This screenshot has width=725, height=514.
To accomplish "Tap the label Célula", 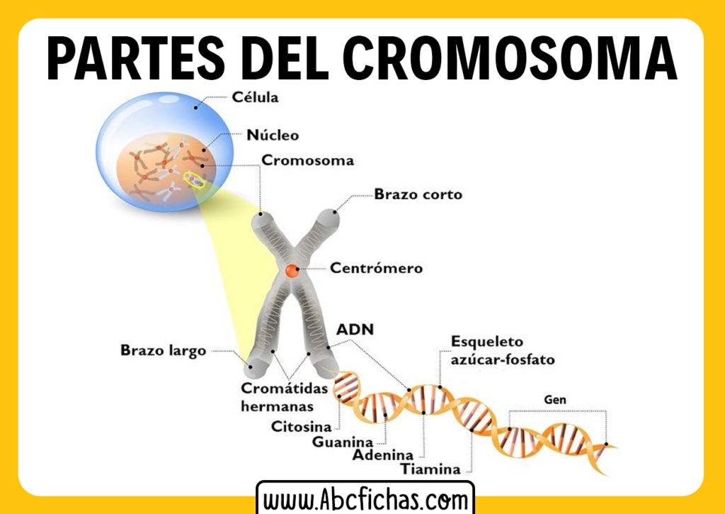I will pyautogui.click(x=256, y=97).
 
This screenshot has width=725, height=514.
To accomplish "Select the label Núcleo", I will pyautogui.click(x=273, y=135).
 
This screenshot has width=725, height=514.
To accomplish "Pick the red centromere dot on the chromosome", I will pyautogui.click(x=292, y=271).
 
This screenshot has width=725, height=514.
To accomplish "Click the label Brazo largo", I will pyautogui.click(x=163, y=350).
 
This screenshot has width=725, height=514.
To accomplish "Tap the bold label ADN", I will pyautogui.click(x=355, y=330).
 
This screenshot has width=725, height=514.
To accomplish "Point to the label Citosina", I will pyautogui.click(x=302, y=427).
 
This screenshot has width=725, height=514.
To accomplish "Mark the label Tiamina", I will pyautogui.click(x=430, y=469).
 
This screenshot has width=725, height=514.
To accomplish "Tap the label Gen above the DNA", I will pyautogui.click(x=555, y=401).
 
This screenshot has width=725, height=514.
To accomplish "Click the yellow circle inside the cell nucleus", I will pyautogui.click(x=193, y=181).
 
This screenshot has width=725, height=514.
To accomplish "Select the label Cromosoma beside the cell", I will pyautogui.click(x=308, y=160).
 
